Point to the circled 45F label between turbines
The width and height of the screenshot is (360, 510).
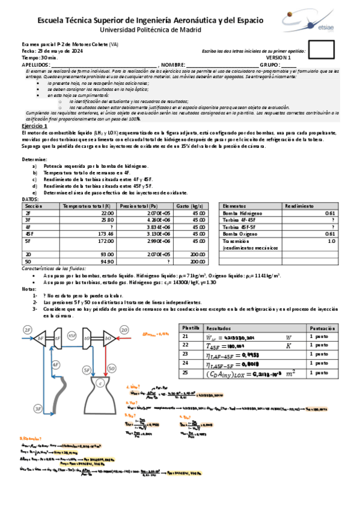(x=72, y=335)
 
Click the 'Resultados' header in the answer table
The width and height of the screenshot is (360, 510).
(x=218, y=328)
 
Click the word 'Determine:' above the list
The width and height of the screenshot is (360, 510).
(x=34, y=159)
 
